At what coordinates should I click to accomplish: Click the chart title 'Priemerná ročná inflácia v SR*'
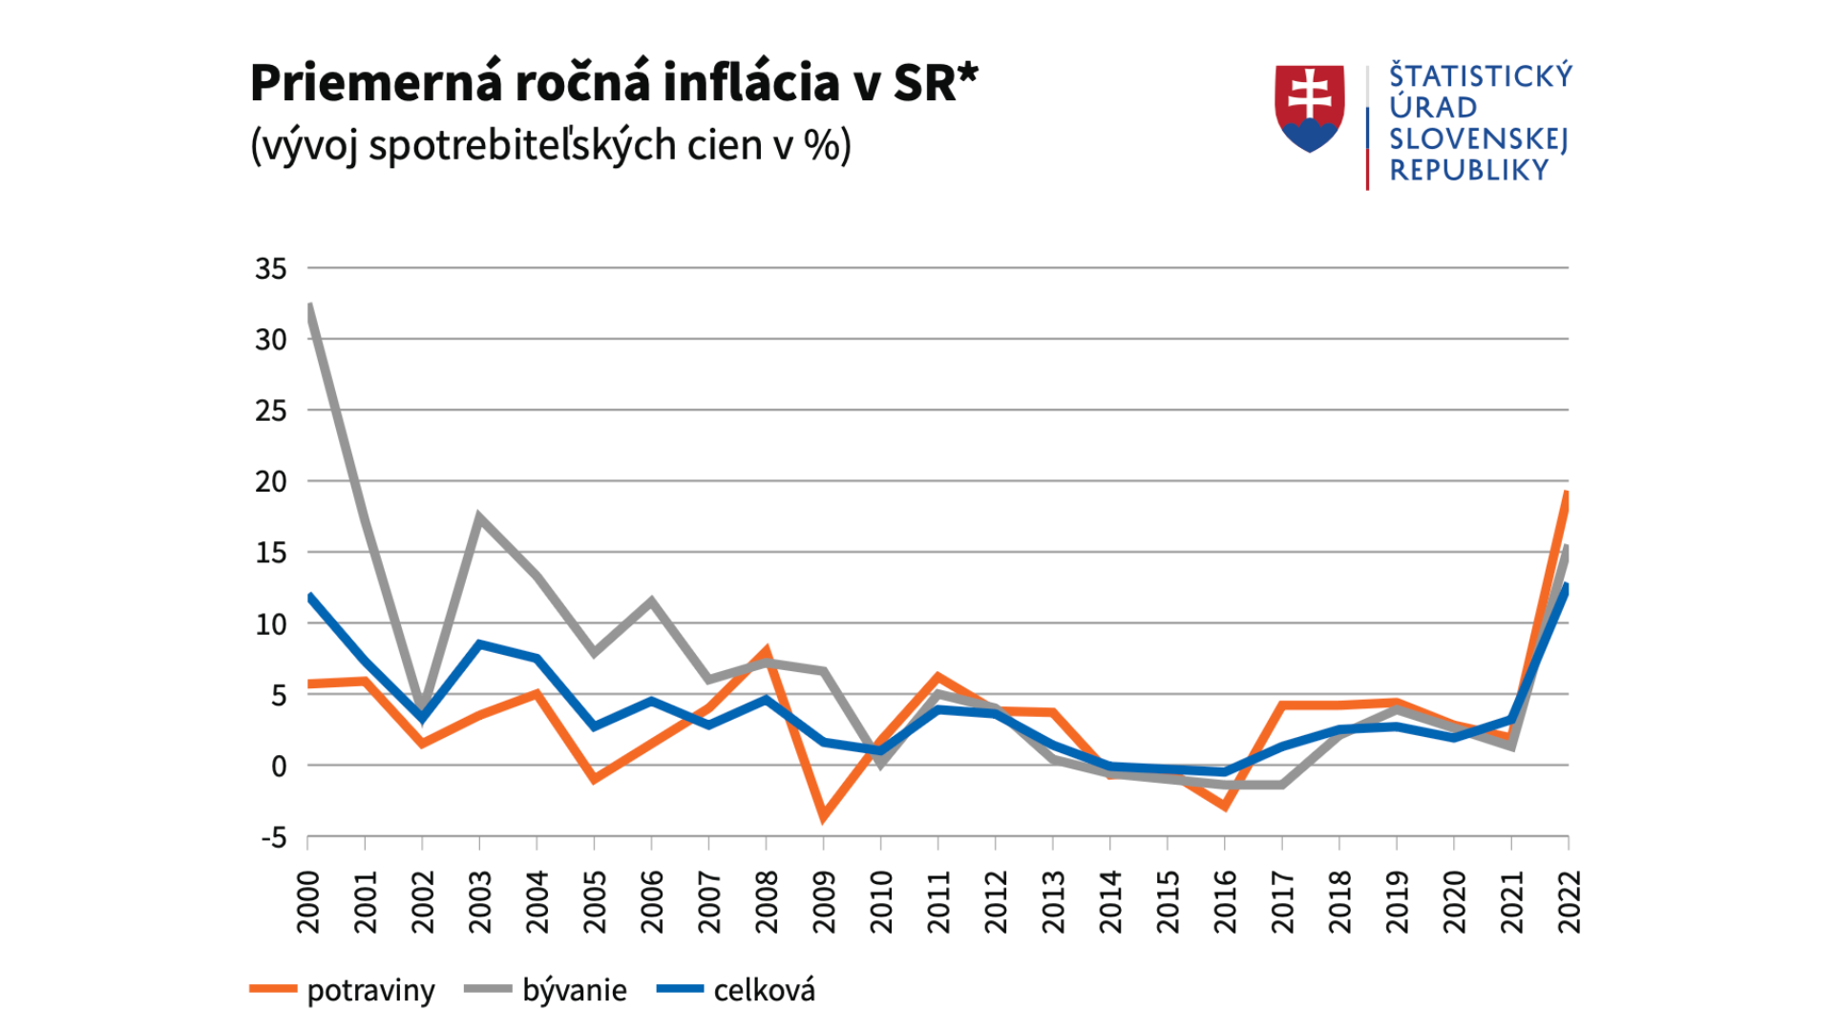click(x=614, y=83)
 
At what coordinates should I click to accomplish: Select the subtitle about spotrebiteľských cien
click(x=550, y=146)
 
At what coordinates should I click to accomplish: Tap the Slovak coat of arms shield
click(x=1309, y=107)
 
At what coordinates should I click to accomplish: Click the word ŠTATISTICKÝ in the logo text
click(x=1480, y=76)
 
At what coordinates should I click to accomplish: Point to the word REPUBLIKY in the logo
click(x=1468, y=171)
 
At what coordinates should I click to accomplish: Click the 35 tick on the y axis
click(x=270, y=269)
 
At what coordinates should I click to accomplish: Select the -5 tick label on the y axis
click(x=273, y=838)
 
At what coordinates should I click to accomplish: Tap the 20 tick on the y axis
click(x=270, y=482)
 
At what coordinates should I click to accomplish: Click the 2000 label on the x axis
click(x=308, y=901)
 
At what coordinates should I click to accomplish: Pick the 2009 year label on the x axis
click(x=824, y=901)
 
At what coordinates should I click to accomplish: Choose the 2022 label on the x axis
click(x=1569, y=901)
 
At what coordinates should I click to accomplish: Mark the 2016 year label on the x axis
click(x=1225, y=901)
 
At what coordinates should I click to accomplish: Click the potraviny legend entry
click(x=342, y=990)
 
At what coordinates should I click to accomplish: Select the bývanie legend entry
click(x=545, y=990)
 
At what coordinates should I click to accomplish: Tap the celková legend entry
click(x=736, y=990)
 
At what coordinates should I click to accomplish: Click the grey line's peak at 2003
click(x=479, y=517)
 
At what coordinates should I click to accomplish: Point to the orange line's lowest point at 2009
click(x=823, y=817)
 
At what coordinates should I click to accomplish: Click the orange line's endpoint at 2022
click(x=1567, y=494)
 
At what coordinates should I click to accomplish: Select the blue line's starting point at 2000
click(x=310, y=597)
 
